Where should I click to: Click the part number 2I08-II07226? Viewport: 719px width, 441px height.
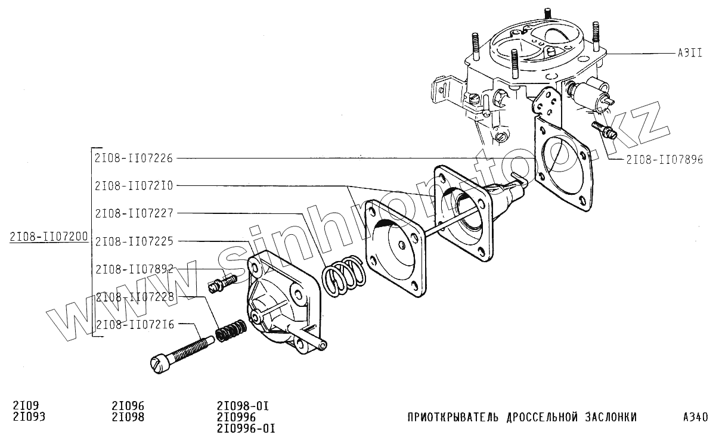pos(134,159)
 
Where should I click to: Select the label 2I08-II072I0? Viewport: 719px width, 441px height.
pos(134,186)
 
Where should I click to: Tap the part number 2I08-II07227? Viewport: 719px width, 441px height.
pos(134,213)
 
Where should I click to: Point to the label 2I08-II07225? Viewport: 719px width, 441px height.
pos(134,241)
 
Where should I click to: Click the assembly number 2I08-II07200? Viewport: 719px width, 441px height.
pos(49,238)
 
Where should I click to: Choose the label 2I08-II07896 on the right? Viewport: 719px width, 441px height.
pos(664,160)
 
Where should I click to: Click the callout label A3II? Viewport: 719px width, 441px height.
pos(689,52)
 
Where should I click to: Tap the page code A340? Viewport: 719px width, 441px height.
pos(695,417)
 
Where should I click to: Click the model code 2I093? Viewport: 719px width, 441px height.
pos(29,417)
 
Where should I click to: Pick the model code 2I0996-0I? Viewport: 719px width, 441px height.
pos(246,428)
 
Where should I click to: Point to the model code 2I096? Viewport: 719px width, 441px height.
pos(128,406)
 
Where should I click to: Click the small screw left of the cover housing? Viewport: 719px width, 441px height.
pos(222,281)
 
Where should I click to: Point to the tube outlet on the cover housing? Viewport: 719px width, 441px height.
pos(323,343)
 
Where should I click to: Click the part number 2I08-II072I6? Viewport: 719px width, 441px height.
pos(134,325)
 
